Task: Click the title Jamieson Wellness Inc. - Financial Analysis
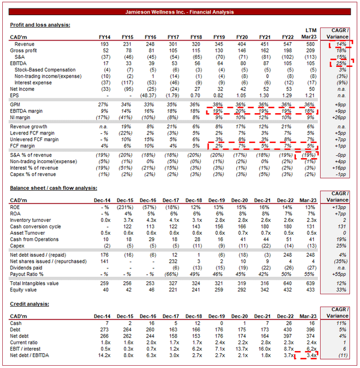(180, 11)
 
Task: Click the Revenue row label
(24, 43)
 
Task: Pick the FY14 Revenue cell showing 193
(103, 43)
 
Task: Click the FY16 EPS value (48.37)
(148, 95)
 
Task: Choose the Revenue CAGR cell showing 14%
(340, 43)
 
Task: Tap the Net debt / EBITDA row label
(31, 356)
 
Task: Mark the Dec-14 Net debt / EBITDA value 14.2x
(102, 356)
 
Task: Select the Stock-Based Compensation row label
(44, 69)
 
